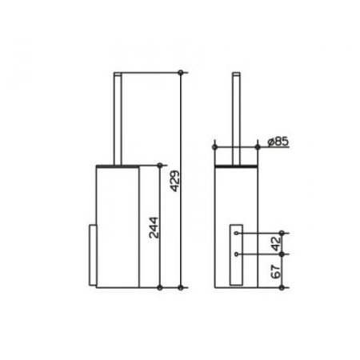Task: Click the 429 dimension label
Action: tap(175, 182)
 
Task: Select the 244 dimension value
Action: tap(154, 227)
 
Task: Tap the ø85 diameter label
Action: tap(278, 142)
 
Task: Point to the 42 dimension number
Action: tap(277, 244)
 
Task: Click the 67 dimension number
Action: tap(276, 272)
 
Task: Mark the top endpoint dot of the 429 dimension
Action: tap(181, 73)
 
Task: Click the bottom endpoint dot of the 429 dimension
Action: tap(181, 287)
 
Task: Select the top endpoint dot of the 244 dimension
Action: tap(160, 166)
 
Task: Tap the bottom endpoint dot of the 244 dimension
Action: tap(160, 287)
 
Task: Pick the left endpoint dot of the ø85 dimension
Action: tap(214, 147)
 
